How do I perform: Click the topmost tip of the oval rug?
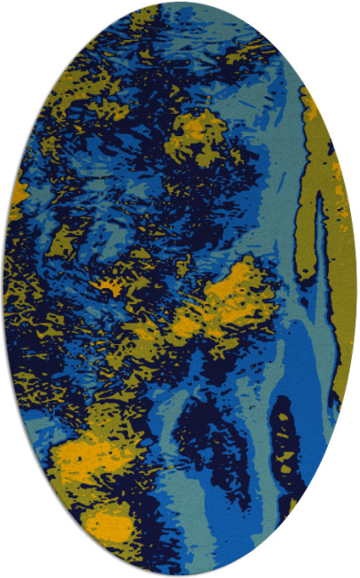pos(180,3)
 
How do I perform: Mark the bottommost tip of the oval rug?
pos(180,574)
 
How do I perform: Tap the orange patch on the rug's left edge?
pos(18,191)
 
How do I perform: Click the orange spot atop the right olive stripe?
pos(311,107)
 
